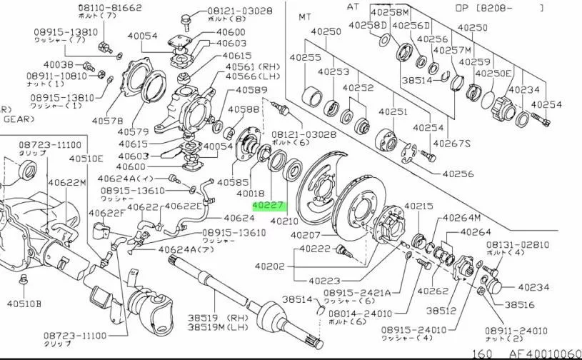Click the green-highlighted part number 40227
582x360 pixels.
[x=269, y=205]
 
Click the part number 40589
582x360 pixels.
[x=252, y=90]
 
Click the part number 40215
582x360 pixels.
[x=419, y=206]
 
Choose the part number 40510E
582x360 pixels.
[x=86, y=158]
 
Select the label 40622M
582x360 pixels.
[x=67, y=184]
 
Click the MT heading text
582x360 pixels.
[x=306, y=16]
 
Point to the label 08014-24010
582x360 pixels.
[x=385, y=312]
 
